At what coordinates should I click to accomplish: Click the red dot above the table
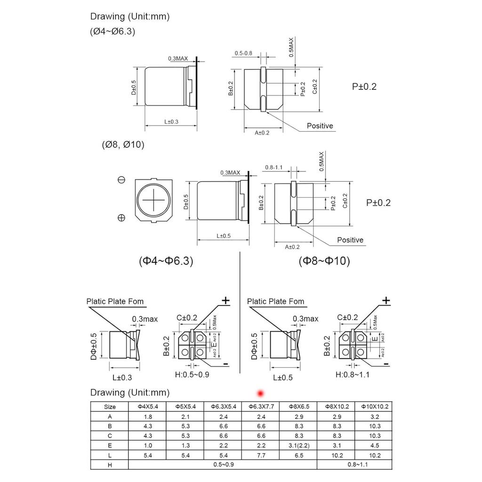[x=259, y=393]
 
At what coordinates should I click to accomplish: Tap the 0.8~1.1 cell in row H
[x=355, y=465]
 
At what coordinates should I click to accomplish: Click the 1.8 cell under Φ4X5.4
[x=147, y=417]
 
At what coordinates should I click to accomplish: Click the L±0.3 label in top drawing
[x=171, y=122]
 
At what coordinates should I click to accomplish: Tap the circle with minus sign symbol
[x=121, y=180]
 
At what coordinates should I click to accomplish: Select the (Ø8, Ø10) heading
[x=122, y=145]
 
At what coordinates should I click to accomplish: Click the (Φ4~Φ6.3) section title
[x=166, y=261]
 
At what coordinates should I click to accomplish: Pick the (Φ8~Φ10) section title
[x=324, y=261]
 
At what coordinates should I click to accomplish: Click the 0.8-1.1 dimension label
[x=274, y=167]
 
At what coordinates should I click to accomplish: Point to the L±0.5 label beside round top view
[x=224, y=236]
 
